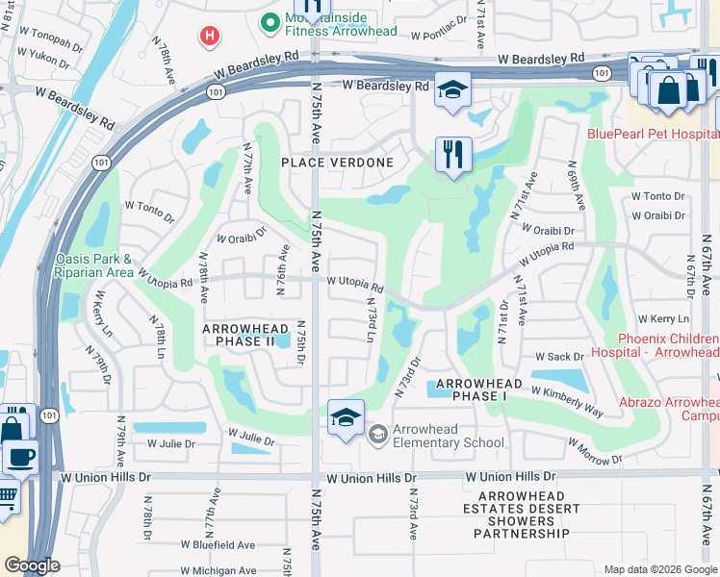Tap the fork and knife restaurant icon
[x=452, y=154]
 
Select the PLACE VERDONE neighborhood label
[x=337, y=163]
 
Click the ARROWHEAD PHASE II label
[x=244, y=335]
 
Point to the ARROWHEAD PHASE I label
[x=479, y=390]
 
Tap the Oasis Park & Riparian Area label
[x=94, y=265]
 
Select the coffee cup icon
[x=19, y=457]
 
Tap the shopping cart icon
[x=8, y=496]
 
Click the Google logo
[x=32, y=565]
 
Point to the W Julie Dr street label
[x=171, y=443]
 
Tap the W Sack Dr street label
[x=553, y=357]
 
